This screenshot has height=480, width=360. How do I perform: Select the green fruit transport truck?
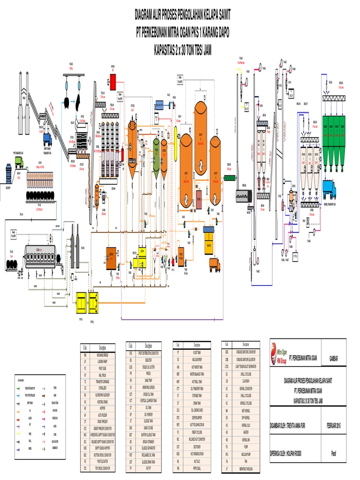19,162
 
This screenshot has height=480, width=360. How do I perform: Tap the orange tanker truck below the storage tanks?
215,265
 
